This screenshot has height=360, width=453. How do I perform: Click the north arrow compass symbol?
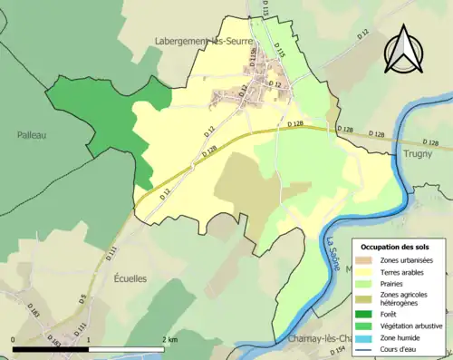point(404,50)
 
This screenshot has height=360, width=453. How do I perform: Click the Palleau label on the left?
point(31,135)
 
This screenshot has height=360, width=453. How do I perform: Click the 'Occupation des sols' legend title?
point(396,247)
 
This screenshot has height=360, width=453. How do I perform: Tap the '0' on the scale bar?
point(14,339)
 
